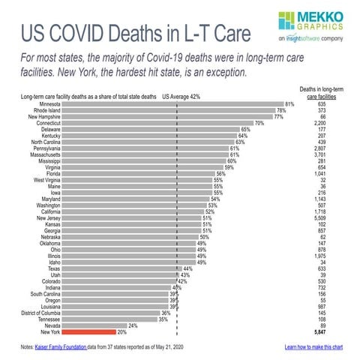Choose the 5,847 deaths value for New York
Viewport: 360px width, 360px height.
(x=319, y=331)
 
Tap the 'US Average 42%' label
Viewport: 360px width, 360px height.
(x=180, y=96)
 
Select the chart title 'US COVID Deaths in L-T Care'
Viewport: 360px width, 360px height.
(x=135, y=34)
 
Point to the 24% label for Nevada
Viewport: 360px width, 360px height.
(x=133, y=325)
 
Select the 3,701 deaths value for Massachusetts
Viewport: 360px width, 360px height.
(x=319, y=154)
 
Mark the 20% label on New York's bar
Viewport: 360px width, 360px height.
(x=121, y=331)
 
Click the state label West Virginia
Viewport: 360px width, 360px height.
(x=48, y=180)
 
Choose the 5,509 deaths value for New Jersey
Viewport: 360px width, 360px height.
(x=319, y=217)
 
